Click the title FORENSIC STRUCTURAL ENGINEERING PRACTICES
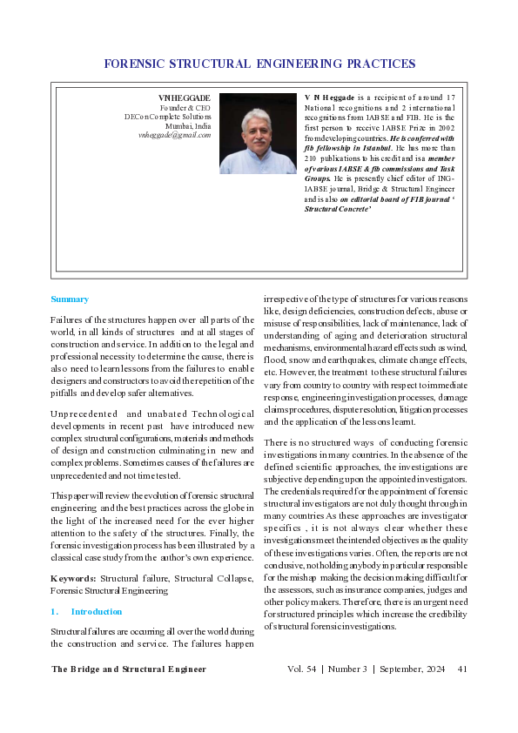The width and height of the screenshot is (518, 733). pyautogui.click(x=259, y=64)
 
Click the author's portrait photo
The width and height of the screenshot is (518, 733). pyautogui.click(x=258, y=133)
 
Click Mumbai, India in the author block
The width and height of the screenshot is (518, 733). pyautogui.click(x=191, y=125)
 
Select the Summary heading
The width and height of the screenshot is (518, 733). pyautogui.click(x=70, y=299)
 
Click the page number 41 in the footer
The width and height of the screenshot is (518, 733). pyautogui.click(x=462, y=669)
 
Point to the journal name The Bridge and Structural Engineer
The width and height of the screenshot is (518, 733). pyautogui.click(x=129, y=669)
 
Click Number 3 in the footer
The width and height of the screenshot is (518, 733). pyautogui.click(x=347, y=669)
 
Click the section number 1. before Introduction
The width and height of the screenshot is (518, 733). pyautogui.click(x=55, y=612)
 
